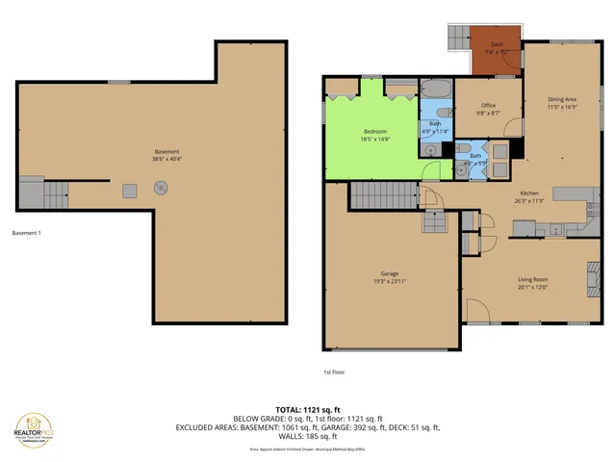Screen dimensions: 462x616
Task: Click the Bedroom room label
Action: [374, 131]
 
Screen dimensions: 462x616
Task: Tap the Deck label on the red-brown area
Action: [497, 44]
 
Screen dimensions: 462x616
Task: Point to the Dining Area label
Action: [562, 99]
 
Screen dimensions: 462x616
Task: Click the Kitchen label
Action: [529, 192]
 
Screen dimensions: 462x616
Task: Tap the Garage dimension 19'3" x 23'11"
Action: [390, 282]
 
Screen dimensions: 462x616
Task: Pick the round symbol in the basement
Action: [162, 187]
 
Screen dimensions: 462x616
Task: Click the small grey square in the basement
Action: [128, 191]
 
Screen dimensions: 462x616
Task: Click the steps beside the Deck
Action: [458, 39]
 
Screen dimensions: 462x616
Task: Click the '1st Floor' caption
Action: [334, 372]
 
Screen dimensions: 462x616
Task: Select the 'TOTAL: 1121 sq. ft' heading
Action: [307, 409]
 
